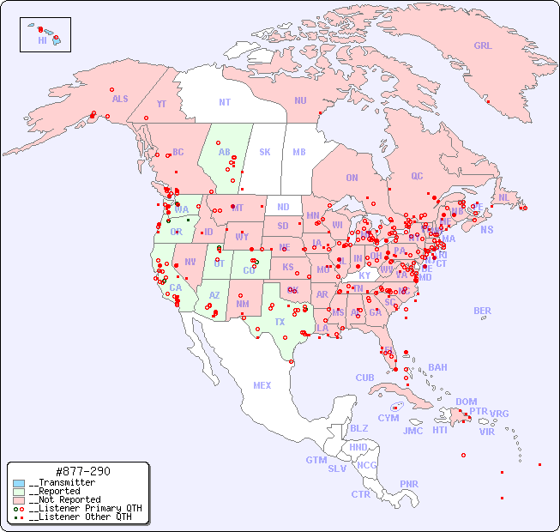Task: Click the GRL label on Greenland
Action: [x=483, y=46]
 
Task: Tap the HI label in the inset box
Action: [x=42, y=40]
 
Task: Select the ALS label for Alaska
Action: [x=120, y=99]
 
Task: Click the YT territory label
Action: [x=161, y=104]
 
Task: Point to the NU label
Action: [x=300, y=100]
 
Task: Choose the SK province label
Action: [x=265, y=152]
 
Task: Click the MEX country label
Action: [x=262, y=385]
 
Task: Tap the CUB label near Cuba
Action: [x=364, y=378]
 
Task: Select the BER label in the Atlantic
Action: [x=482, y=311]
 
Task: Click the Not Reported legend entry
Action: [x=63, y=499]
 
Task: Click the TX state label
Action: [x=280, y=322]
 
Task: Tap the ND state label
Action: [x=283, y=207]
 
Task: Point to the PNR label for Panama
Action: [x=409, y=484]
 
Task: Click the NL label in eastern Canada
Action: [x=503, y=196]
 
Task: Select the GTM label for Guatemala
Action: [x=316, y=460]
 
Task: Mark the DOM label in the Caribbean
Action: [x=466, y=402]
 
